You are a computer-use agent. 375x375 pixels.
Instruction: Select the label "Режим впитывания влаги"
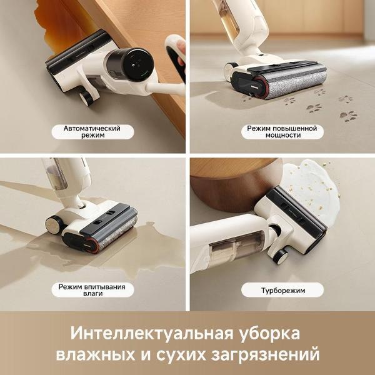pyautogui.click(x=92, y=291)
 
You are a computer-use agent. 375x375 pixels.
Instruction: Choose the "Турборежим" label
pyautogui.click(x=281, y=291)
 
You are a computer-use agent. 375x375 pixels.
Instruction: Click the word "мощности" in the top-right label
pyautogui.click(x=281, y=136)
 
